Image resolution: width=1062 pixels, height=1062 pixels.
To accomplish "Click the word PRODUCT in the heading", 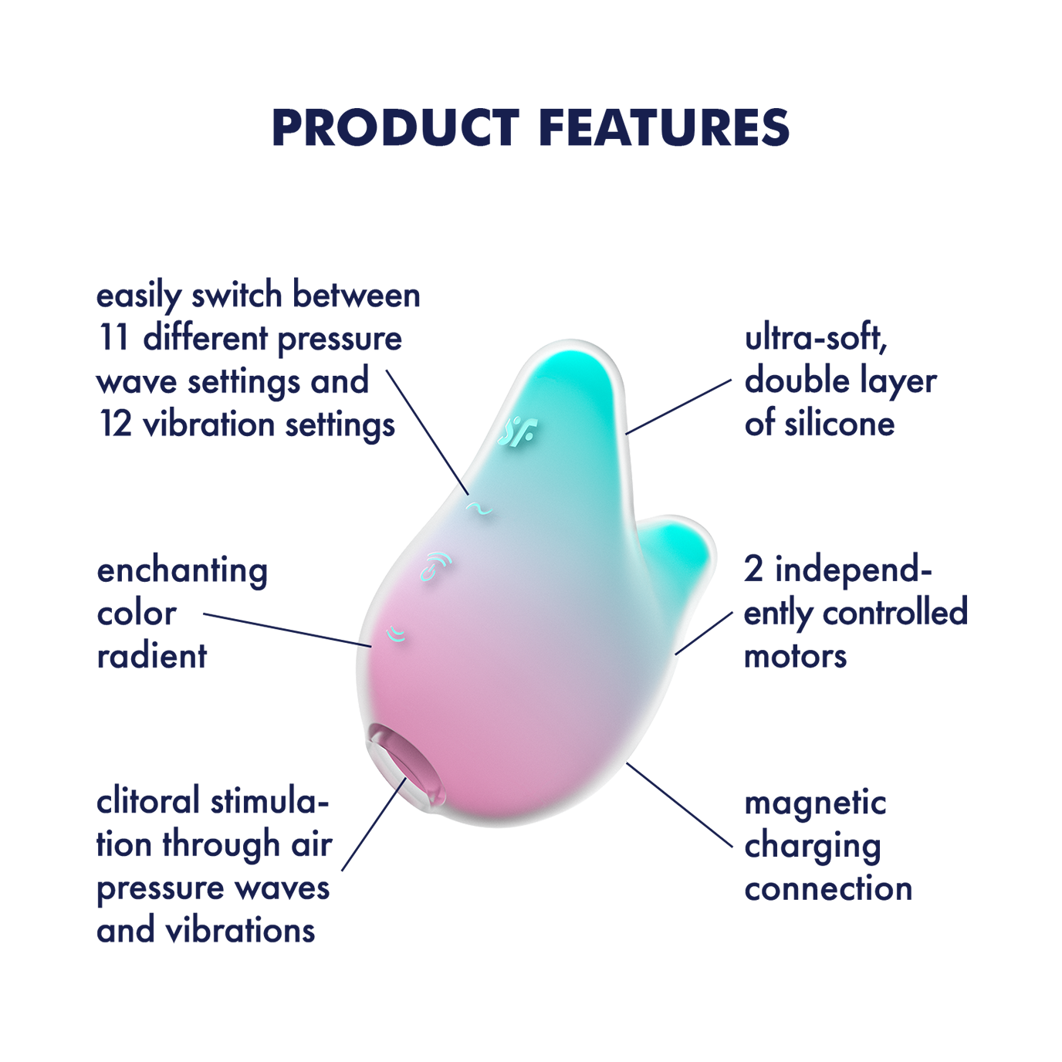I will [x=395, y=128].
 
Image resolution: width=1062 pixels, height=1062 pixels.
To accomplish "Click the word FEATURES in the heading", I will [x=664, y=128].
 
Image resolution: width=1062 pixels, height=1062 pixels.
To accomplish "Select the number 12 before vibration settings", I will [x=116, y=424].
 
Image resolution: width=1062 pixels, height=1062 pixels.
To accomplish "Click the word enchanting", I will [x=182, y=571].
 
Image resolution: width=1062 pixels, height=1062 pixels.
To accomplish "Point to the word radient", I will [x=152, y=656].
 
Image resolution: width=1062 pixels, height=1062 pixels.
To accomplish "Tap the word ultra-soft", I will [x=816, y=338].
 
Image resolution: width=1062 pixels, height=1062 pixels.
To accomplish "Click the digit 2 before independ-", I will [x=754, y=570].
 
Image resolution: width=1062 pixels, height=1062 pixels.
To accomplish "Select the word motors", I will [x=795, y=656].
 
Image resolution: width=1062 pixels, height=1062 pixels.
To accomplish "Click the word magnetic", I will [x=815, y=803].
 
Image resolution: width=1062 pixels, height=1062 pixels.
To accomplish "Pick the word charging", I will [x=813, y=847].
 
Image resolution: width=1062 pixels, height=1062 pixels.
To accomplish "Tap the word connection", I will [x=828, y=889].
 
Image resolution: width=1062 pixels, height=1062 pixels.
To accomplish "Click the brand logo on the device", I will [x=518, y=433].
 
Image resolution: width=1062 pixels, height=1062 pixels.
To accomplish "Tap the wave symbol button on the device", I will [x=479, y=509].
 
